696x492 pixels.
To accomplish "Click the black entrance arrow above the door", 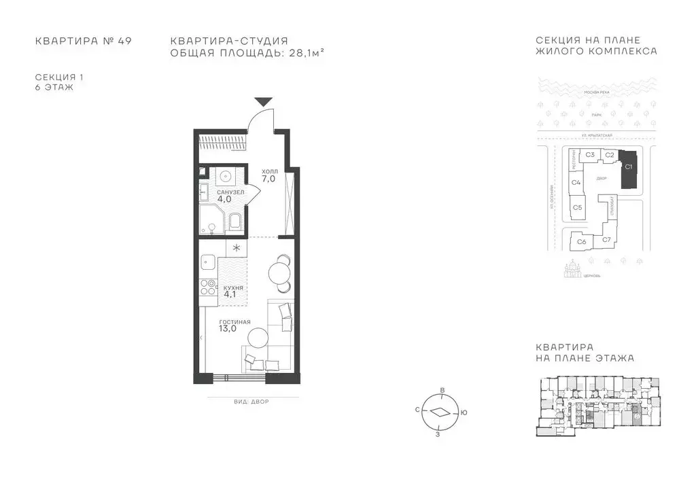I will [264, 102].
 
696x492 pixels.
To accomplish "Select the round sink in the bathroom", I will [226, 177].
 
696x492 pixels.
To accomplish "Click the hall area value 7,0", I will [268, 179].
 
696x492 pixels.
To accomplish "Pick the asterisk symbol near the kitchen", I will [237, 248].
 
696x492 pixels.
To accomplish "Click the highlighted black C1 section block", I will [629, 169].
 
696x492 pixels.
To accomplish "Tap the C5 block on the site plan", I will [577, 207].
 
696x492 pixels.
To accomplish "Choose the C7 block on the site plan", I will [607, 239].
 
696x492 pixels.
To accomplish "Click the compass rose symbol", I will [440, 411].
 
